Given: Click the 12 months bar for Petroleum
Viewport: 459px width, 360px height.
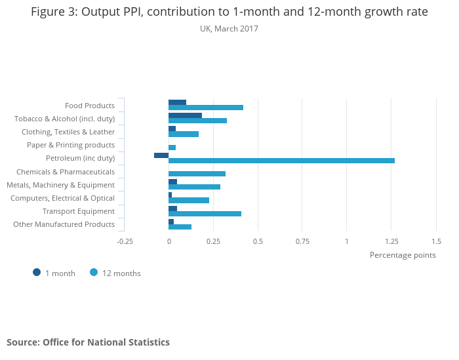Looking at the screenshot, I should (281, 161).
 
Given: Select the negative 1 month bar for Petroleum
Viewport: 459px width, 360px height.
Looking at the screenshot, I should (161, 155).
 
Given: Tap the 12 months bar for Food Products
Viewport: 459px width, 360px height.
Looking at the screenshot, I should (206, 108).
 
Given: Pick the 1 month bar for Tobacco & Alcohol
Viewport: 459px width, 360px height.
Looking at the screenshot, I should (185, 115).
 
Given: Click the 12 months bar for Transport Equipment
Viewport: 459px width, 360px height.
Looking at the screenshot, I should (205, 214).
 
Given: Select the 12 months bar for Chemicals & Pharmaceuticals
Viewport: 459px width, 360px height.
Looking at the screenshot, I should (197, 174).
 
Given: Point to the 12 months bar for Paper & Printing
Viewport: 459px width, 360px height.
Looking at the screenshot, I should (172, 148).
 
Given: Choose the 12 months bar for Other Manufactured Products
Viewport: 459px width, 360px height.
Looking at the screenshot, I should (180, 227).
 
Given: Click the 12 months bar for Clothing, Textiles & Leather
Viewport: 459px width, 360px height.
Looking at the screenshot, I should (184, 134).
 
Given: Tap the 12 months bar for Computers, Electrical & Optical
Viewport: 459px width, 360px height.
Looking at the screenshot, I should (189, 201).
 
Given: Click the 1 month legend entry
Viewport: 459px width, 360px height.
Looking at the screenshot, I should (55, 273).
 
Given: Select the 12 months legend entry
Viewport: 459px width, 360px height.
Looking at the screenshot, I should (116, 273).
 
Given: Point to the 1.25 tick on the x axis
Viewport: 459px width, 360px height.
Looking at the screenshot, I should (391, 241).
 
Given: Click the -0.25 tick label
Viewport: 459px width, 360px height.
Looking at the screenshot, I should (125, 241).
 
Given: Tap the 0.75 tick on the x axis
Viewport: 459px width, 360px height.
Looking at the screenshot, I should (302, 241).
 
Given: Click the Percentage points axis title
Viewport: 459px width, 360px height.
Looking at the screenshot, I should (403, 255).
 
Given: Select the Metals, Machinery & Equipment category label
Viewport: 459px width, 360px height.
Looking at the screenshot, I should (60, 185).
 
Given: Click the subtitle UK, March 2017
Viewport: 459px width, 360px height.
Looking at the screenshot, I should (229, 29).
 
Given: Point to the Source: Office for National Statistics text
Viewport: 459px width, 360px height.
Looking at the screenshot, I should (88, 342).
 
